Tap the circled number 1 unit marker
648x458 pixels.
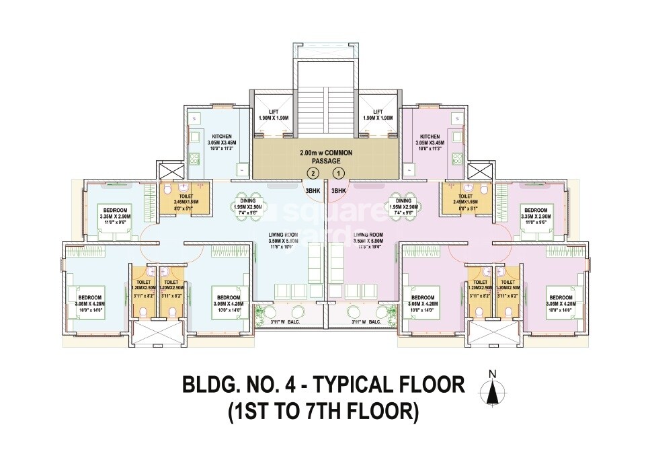click(x=339, y=174)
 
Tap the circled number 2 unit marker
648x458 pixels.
click(x=311, y=174)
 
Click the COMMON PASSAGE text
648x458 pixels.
click(x=325, y=157)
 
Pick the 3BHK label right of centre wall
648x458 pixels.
click(x=339, y=190)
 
